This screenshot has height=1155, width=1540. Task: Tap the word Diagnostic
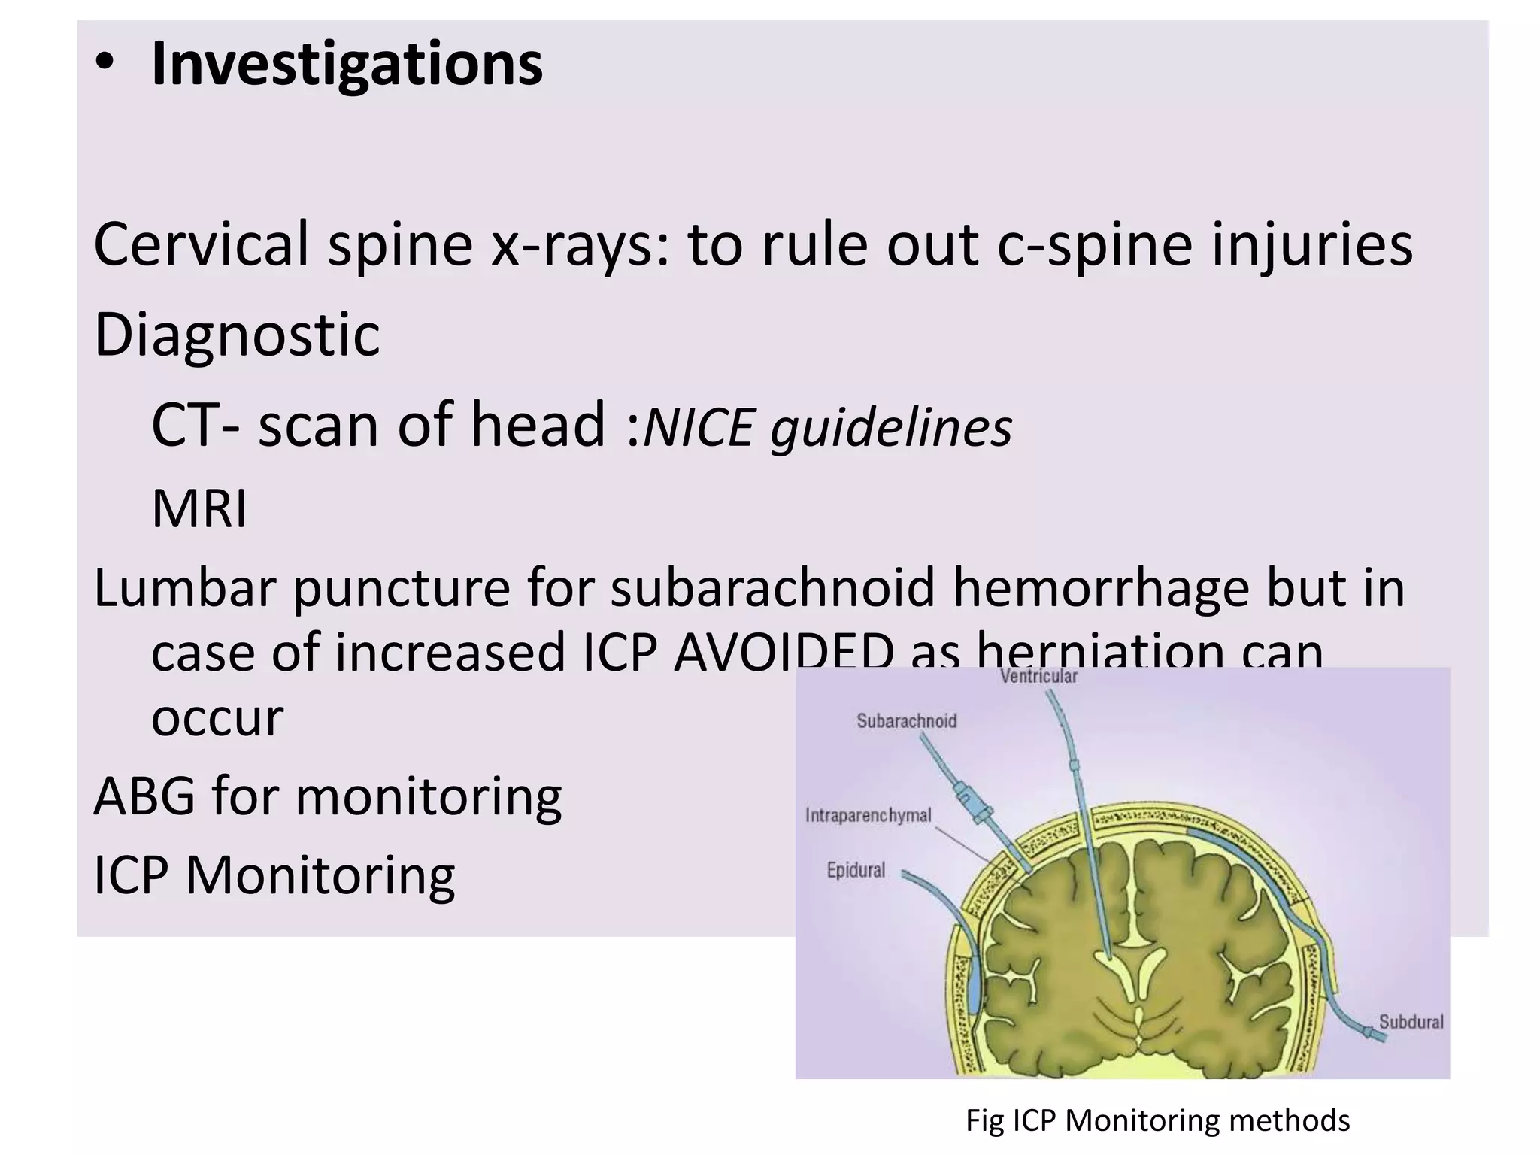(237, 335)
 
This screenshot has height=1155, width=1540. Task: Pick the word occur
(217, 717)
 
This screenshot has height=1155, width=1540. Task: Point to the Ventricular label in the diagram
(1038, 677)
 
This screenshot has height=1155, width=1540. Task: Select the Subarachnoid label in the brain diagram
(907, 721)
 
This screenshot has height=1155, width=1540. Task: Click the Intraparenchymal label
(869, 815)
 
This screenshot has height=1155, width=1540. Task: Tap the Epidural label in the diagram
(856, 870)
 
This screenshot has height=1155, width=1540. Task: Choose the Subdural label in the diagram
(1411, 1022)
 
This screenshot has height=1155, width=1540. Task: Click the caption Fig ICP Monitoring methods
(1157, 1120)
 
